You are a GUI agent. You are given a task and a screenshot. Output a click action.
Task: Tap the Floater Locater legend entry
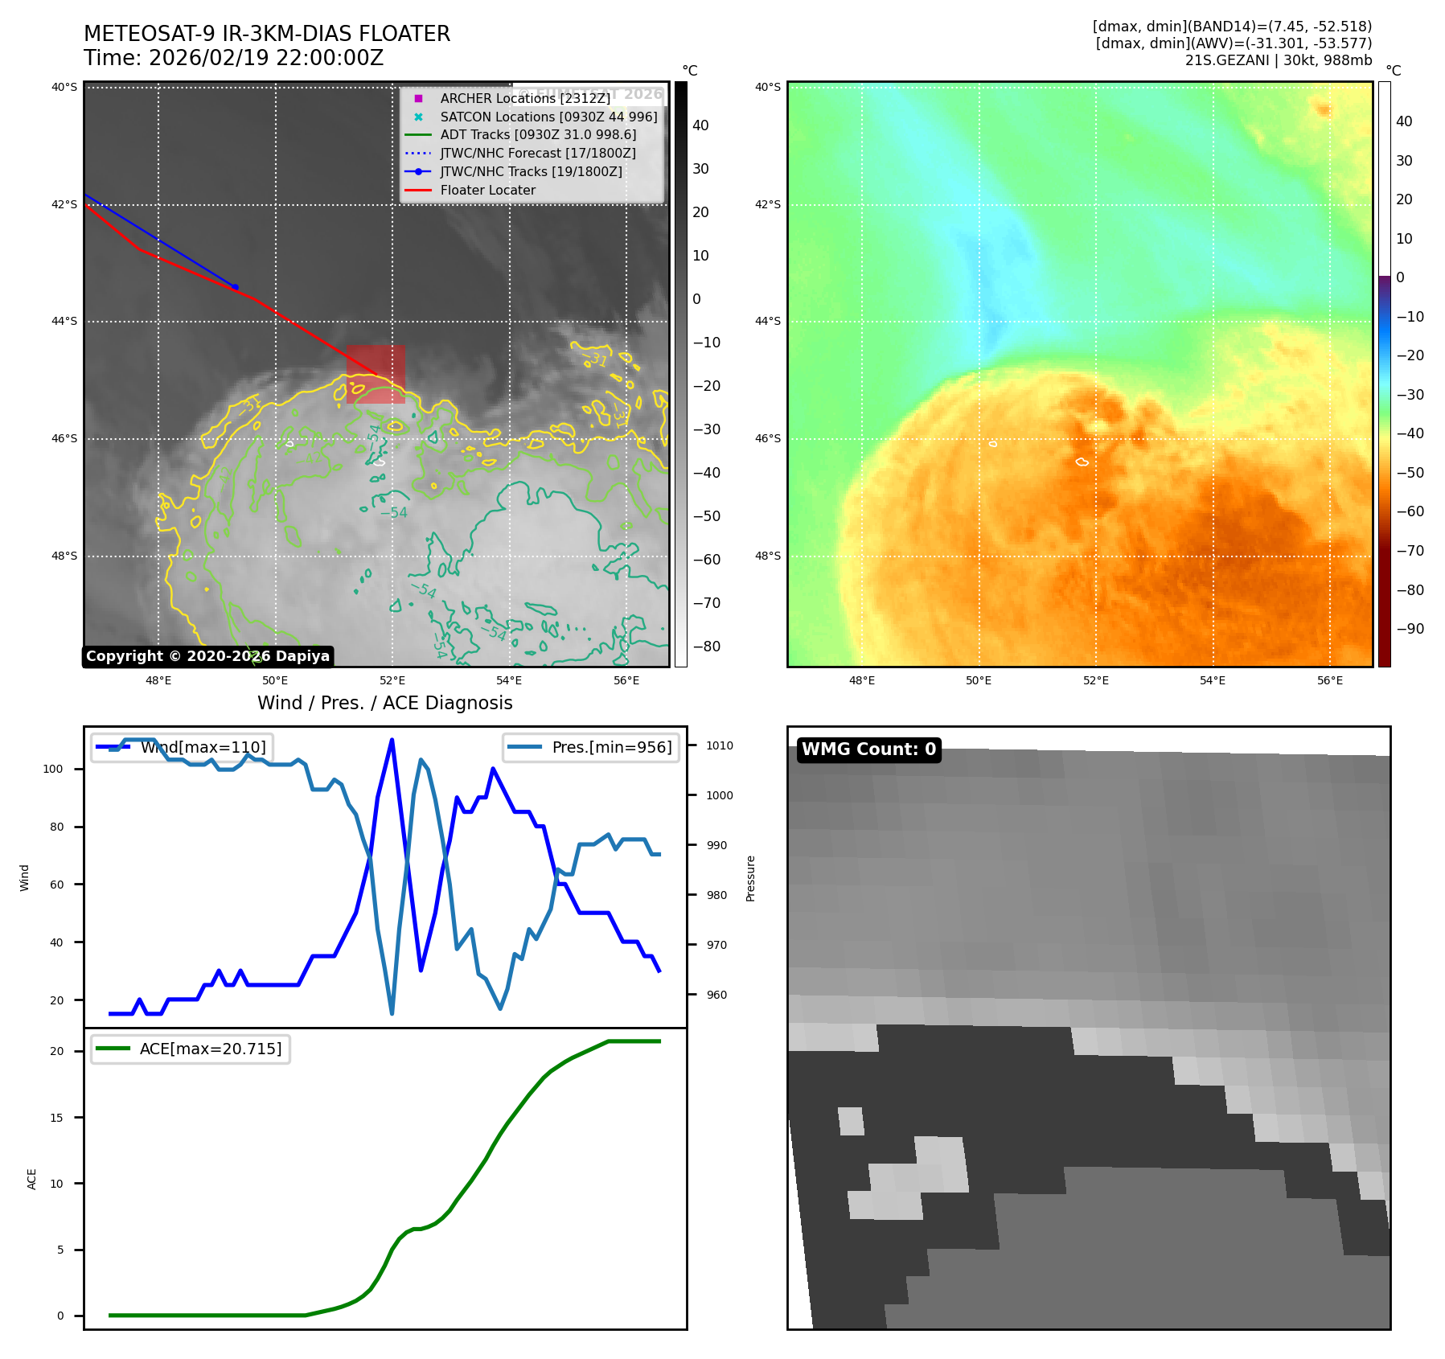click(487, 190)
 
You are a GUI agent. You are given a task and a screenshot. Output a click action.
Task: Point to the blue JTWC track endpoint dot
click(235, 287)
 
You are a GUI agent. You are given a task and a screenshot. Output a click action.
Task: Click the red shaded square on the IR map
click(376, 374)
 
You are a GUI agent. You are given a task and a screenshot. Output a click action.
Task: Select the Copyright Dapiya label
click(207, 656)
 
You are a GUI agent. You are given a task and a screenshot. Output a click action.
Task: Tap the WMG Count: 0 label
click(868, 749)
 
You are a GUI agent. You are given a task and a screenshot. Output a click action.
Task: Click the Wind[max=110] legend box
click(182, 747)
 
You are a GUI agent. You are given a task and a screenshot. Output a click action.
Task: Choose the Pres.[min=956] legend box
click(591, 747)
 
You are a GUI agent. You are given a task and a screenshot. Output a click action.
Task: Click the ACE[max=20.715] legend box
click(191, 1049)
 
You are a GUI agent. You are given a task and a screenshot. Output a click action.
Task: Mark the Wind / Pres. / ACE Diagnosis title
click(384, 703)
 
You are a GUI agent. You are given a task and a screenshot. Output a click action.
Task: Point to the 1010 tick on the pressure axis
click(719, 745)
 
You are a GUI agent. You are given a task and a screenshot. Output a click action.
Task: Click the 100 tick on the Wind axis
click(53, 769)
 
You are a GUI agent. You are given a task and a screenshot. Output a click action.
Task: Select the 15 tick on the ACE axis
click(56, 1118)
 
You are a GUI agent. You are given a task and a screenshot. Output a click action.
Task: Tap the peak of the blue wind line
click(392, 740)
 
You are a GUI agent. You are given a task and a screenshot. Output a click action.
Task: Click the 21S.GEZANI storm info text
click(1278, 60)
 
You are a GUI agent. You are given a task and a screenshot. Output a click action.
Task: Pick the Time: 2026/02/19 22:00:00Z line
click(233, 58)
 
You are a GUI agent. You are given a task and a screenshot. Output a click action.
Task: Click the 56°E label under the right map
click(1329, 680)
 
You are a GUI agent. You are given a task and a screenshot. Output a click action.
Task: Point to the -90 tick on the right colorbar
click(1410, 629)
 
